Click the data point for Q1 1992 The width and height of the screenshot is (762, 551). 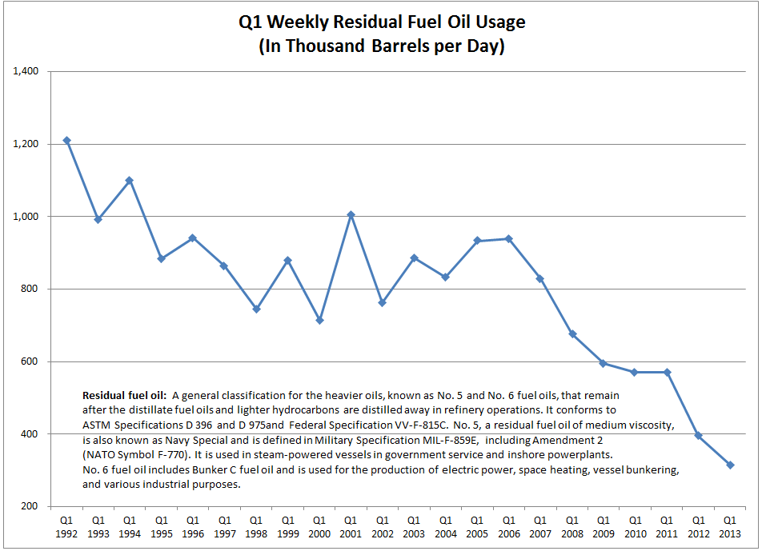click(66, 141)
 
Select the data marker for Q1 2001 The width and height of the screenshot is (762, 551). click(351, 214)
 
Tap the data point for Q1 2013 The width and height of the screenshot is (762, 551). click(730, 465)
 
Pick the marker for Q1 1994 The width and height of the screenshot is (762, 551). click(130, 180)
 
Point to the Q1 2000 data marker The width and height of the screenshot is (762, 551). click(319, 320)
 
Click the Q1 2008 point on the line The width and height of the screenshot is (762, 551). click(572, 333)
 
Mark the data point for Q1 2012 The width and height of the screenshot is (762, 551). click(698, 435)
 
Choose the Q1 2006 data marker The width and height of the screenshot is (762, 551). click(509, 238)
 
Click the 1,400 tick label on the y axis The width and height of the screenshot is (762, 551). click(26, 72)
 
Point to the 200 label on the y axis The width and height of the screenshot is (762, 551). click(32, 506)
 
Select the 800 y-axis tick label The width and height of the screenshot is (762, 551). click(32, 289)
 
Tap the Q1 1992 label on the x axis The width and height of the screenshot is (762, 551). click(66, 525)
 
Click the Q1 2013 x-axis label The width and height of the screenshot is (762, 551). click(730, 525)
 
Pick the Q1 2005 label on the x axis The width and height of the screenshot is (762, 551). click(477, 525)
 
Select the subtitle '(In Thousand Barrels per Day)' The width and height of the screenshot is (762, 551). click(382, 46)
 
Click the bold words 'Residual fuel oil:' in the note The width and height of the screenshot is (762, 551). click(124, 396)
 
